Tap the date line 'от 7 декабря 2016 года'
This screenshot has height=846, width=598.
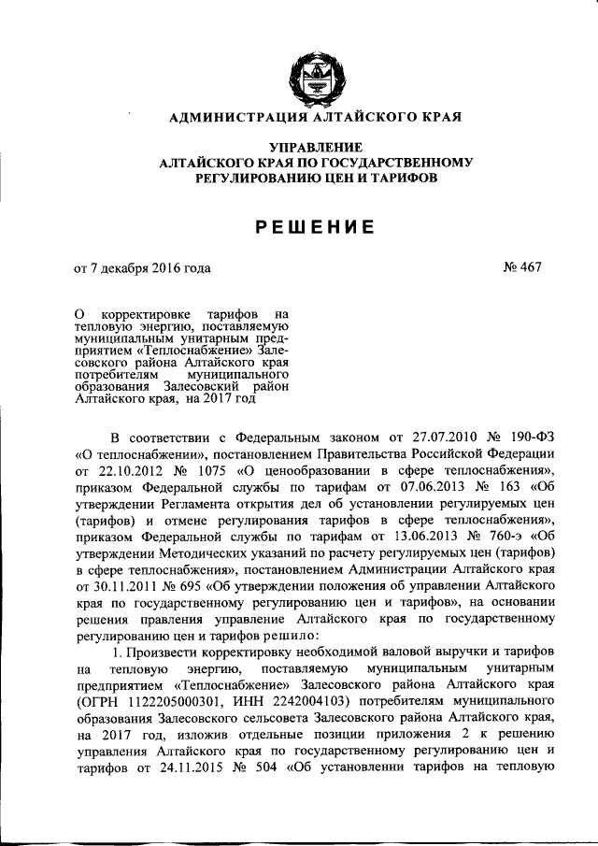[143, 268]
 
